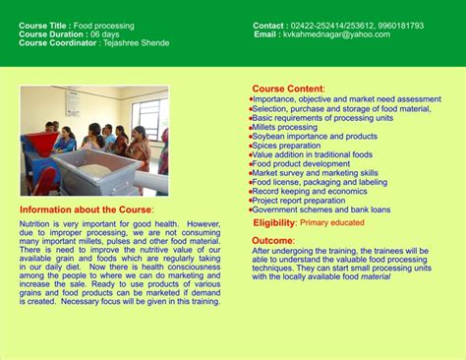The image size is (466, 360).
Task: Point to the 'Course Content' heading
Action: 288,89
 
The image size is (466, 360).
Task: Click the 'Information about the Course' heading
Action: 86,210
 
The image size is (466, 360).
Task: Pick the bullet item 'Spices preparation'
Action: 286,146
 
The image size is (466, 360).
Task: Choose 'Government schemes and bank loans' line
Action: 320,210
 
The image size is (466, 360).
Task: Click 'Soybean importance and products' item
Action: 314,136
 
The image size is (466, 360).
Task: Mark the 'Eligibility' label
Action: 274,223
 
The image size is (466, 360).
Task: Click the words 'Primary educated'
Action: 332,223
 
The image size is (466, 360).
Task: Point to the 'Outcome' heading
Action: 272,240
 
